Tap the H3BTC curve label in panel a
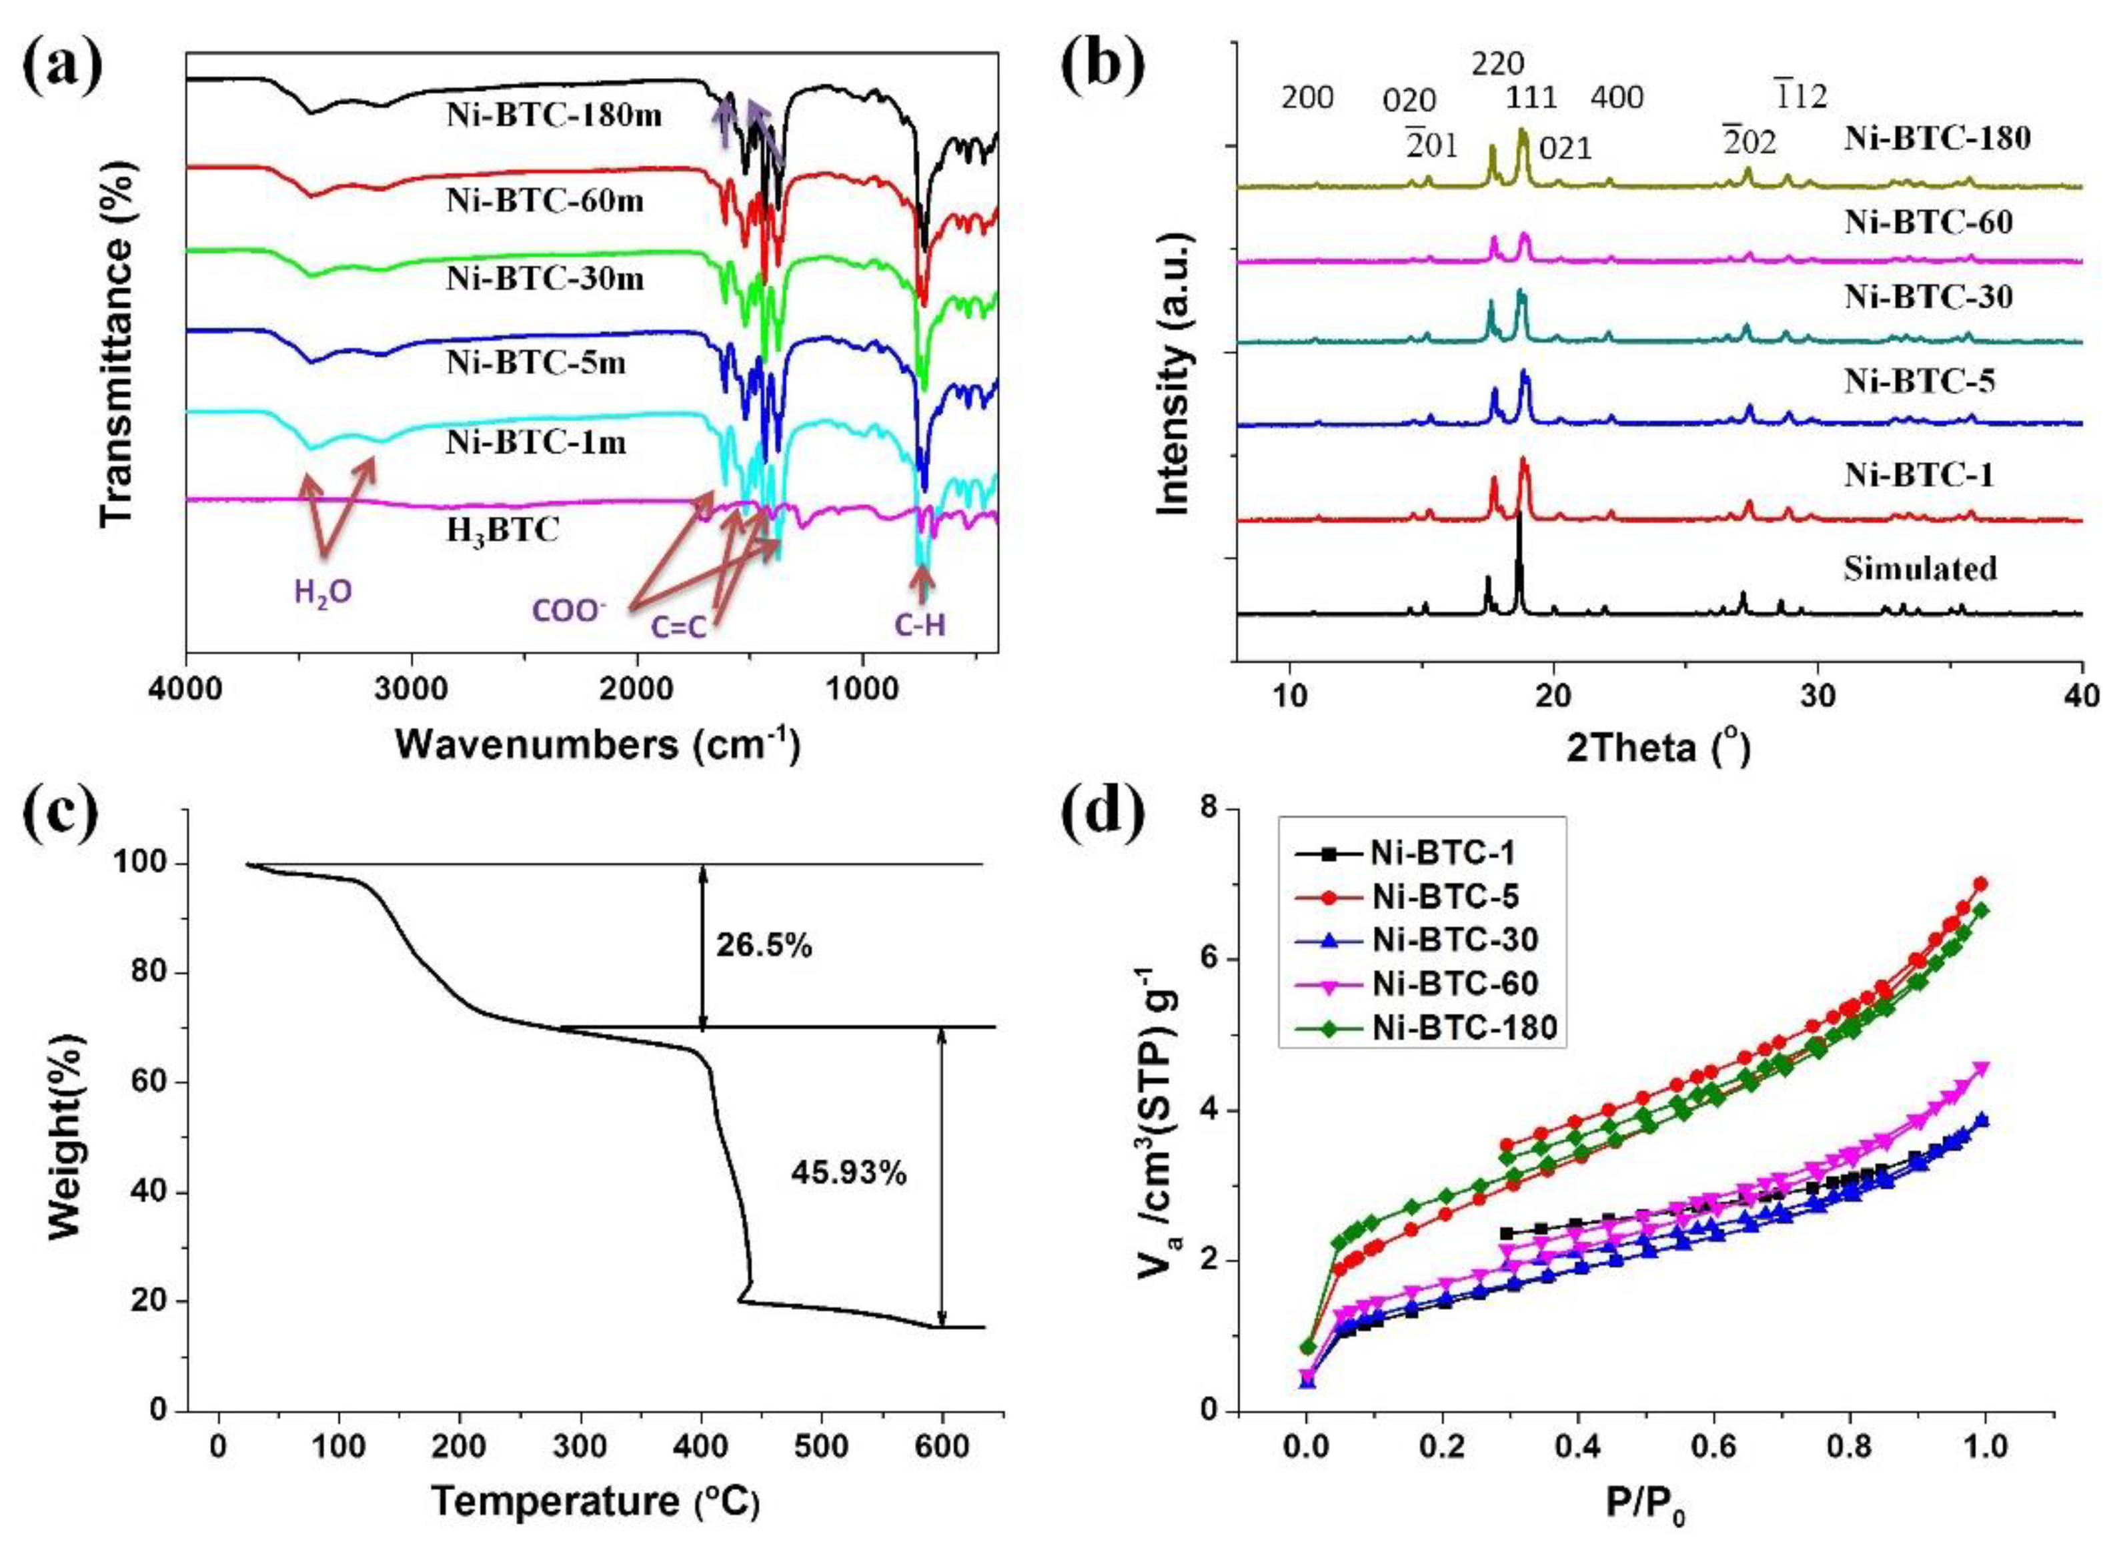coord(503,530)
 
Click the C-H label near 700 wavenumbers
coord(919,625)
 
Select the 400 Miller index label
coord(1617,97)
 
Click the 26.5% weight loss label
coord(764,946)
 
